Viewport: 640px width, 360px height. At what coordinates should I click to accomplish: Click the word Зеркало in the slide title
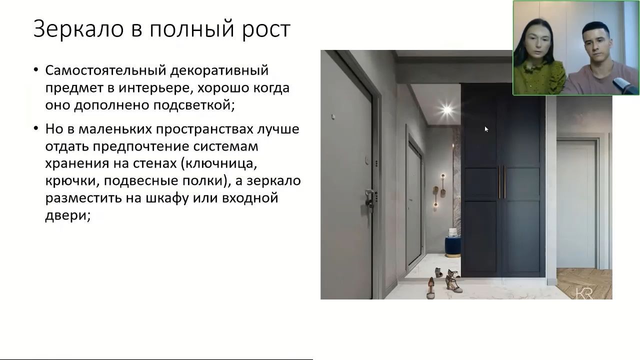[x=78, y=29]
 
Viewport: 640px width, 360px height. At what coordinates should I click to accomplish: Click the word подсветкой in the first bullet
[x=194, y=105]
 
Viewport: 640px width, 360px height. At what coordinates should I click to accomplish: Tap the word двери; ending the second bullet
[x=67, y=215]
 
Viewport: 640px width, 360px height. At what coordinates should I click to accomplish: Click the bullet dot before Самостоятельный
[x=35, y=69]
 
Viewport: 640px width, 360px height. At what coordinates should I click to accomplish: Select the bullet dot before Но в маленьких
[x=35, y=128]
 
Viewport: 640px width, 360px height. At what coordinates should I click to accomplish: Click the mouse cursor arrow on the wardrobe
[x=486, y=129]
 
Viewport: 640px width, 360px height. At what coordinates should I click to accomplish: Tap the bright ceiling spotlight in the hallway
[x=446, y=109]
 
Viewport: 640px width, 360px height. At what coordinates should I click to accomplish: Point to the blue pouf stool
[x=452, y=247]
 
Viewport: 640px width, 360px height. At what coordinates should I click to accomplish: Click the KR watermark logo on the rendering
[x=583, y=293]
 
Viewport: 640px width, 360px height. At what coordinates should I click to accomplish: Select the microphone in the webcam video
[x=625, y=86]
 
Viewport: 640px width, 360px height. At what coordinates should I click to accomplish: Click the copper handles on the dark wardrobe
[x=502, y=182]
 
